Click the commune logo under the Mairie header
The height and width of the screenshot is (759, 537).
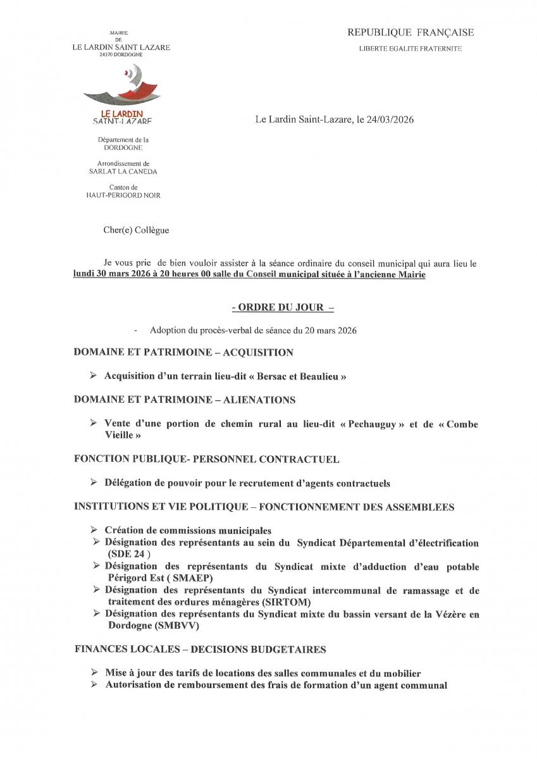121,95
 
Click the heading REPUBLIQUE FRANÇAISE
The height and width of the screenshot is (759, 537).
410,33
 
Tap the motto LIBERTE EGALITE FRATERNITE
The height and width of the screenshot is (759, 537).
410,49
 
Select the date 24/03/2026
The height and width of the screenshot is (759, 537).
390,119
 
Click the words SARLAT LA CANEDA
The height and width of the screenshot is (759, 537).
123,171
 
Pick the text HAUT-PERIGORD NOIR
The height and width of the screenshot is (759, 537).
123,195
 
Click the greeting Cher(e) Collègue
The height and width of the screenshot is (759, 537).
136,230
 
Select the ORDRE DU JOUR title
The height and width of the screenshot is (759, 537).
282,307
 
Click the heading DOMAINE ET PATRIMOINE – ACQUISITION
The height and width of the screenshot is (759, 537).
183,352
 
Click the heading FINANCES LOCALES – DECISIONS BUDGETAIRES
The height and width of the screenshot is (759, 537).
200,650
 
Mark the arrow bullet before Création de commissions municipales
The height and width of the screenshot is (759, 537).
94,530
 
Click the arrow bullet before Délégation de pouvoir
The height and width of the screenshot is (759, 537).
94,483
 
